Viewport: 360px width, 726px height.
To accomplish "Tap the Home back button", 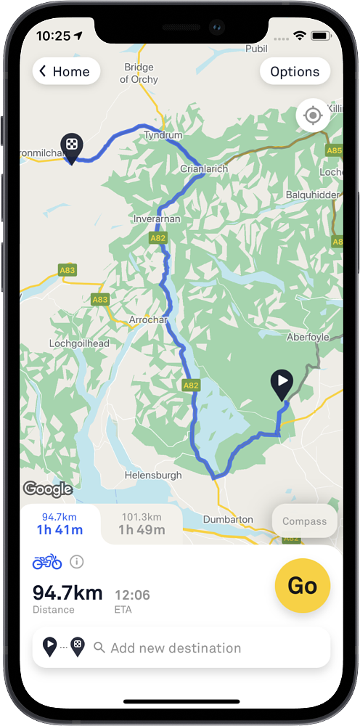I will [66, 71].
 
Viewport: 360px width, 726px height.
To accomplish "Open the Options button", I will [295, 71].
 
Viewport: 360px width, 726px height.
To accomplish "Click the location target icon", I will [313, 115].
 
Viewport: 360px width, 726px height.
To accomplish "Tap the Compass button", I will [304, 521].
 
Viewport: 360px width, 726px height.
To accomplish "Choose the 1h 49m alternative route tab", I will [142, 524].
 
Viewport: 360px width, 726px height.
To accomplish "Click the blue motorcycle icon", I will [47, 561].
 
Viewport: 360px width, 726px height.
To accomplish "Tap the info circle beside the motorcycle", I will [77, 561].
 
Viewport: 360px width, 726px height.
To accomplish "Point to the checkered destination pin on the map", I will [71, 147].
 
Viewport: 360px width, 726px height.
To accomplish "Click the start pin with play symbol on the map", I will [282, 383].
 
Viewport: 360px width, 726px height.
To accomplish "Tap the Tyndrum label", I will [163, 135].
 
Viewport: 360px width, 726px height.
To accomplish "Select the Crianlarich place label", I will [204, 168].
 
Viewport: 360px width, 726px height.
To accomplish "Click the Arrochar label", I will [148, 319].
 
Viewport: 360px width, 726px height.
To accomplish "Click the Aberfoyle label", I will [308, 337].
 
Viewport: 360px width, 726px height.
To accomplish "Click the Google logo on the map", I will [48, 489].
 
